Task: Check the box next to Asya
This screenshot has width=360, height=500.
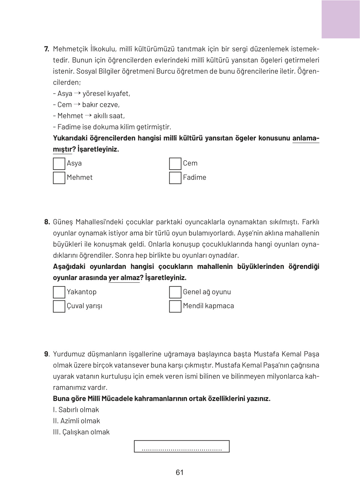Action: (x=59, y=164)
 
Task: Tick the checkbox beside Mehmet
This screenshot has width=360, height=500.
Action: (x=59, y=178)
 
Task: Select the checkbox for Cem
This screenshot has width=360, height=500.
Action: (x=175, y=164)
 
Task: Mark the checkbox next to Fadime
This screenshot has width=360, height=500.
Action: (x=175, y=178)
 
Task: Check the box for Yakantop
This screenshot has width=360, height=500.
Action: (x=59, y=292)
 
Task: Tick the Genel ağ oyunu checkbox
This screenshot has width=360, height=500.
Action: (x=175, y=292)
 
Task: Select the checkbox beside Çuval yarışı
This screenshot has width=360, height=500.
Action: (x=59, y=306)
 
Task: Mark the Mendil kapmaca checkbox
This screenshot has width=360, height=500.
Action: (x=175, y=306)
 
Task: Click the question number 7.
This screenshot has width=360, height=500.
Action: (x=47, y=49)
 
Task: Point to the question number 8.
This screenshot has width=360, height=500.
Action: (x=47, y=222)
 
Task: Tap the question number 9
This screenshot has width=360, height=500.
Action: (x=46, y=354)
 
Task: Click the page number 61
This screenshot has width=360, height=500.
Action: (x=180, y=472)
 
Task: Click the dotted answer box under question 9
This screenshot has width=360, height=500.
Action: (x=182, y=446)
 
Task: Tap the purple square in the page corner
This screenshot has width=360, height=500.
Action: (x=340, y=19)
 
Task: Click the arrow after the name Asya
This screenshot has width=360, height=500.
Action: (x=77, y=93)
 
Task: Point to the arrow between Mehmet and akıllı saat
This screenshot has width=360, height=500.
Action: (x=88, y=115)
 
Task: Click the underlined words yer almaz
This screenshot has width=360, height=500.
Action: (x=124, y=278)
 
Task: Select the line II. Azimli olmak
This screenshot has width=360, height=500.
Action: (x=76, y=421)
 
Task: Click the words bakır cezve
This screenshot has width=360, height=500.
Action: (x=101, y=105)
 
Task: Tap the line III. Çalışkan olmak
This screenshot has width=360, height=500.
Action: (x=81, y=432)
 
